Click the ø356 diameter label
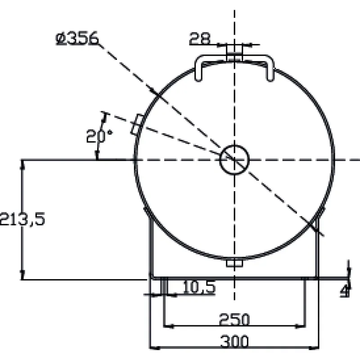[x=77, y=38]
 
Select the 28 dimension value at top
[x=199, y=38]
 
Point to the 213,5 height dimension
[x=22, y=219]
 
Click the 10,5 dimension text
[x=199, y=287]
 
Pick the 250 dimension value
[x=234, y=319]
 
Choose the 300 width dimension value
[x=234, y=341]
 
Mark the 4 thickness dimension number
[x=345, y=291]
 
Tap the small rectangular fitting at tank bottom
[x=234, y=263]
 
